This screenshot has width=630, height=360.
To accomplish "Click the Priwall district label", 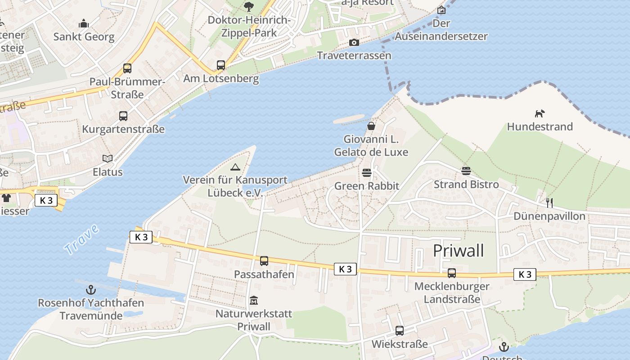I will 458,251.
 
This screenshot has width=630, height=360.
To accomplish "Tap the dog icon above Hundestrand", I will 540,113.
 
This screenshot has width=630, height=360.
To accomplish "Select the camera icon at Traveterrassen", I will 354,43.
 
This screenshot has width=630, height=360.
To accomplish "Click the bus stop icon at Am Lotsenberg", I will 220,65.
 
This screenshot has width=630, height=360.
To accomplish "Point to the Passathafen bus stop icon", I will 264,261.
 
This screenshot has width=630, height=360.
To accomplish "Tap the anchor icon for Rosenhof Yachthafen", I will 91,289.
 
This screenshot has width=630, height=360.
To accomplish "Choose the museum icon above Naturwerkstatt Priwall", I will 254,300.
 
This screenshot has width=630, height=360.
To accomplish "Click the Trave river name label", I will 81,239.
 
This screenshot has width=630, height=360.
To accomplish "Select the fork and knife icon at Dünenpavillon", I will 549,203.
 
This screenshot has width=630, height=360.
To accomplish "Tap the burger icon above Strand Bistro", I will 466,171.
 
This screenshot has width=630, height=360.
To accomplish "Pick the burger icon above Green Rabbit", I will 367,173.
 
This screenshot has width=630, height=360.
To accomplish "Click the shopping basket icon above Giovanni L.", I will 371,126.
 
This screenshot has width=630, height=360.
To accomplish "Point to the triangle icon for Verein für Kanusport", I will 235,167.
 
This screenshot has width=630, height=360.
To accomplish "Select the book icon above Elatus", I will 108,158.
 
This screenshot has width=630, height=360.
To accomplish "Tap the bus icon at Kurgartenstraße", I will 123,116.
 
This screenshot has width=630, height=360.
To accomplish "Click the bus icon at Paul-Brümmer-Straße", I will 127,68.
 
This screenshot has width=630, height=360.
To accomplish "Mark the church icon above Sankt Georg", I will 84,23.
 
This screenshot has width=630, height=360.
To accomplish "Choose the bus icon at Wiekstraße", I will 399,331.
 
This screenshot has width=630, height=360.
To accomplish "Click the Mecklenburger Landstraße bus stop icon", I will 451,273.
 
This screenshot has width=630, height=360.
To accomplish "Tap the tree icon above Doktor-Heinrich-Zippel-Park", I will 248,7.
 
